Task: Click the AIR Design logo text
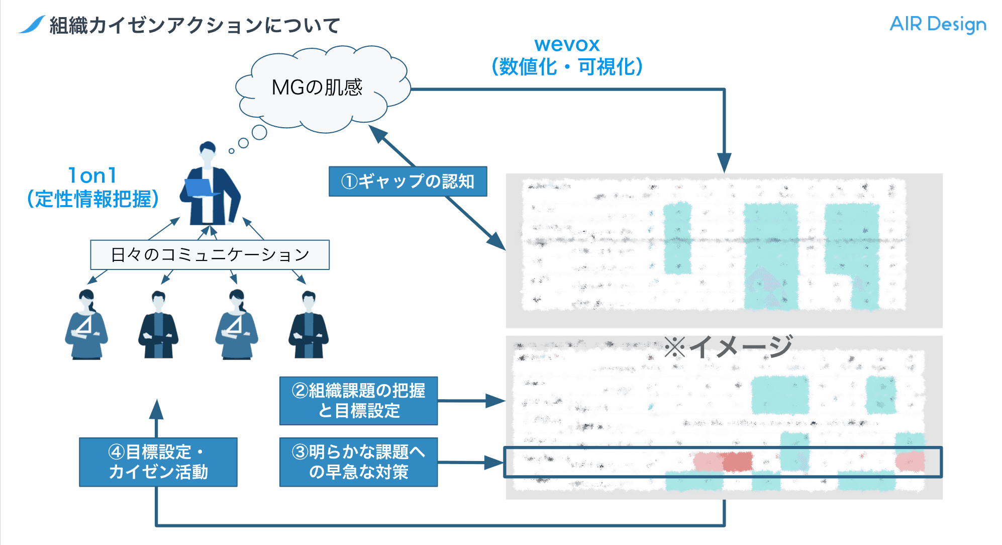click(937, 24)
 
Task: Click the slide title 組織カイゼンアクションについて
click(195, 26)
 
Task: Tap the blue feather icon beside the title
click(32, 24)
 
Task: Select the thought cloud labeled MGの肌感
click(318, 88)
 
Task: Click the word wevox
click(567, 45)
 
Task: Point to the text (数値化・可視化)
click(567, 67)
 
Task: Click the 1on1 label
click(92, 176)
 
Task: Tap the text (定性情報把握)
click(92, 199)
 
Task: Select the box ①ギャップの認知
click(408, 181)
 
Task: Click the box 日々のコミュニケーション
click(210, 255)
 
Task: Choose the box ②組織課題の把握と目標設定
click(358, 401)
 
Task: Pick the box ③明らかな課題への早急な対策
click(358, 462)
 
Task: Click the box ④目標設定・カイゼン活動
click(158, 462)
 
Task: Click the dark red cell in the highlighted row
click(737, 462)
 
